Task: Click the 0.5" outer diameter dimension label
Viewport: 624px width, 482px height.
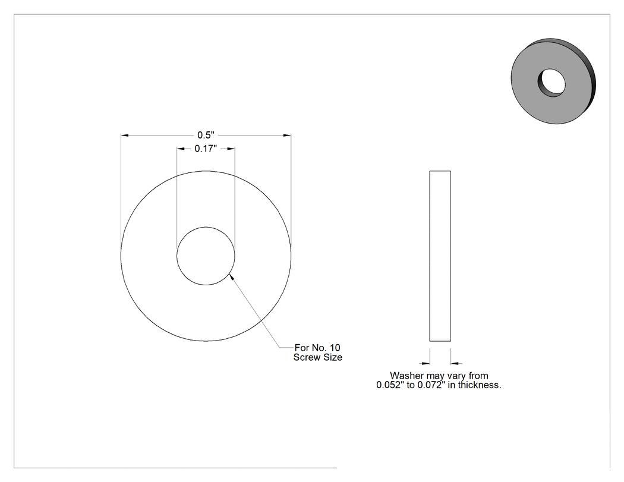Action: pyautogui.click(x=206, y=136)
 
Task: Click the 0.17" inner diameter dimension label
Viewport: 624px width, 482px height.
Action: pyautogui.click(x=206, y=149)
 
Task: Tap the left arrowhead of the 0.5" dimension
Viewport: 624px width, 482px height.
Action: pyautogui.click(x=125, y=136)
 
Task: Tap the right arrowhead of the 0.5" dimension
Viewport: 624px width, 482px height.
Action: pyautogui.click(x=287, y=136)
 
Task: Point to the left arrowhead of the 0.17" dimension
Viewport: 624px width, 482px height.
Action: pyautogui.click(x=181, y=149)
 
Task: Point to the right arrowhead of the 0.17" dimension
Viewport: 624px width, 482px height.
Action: pyautogui.click(x=231, y=149)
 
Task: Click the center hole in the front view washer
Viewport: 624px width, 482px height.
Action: pyautogui.click(x=206, y=256)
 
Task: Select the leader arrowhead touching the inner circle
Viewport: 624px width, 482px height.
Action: pyautogui.click(x=232, y=276)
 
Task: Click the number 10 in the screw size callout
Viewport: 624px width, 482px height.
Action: pyautogui.click(x=335, y=348)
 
